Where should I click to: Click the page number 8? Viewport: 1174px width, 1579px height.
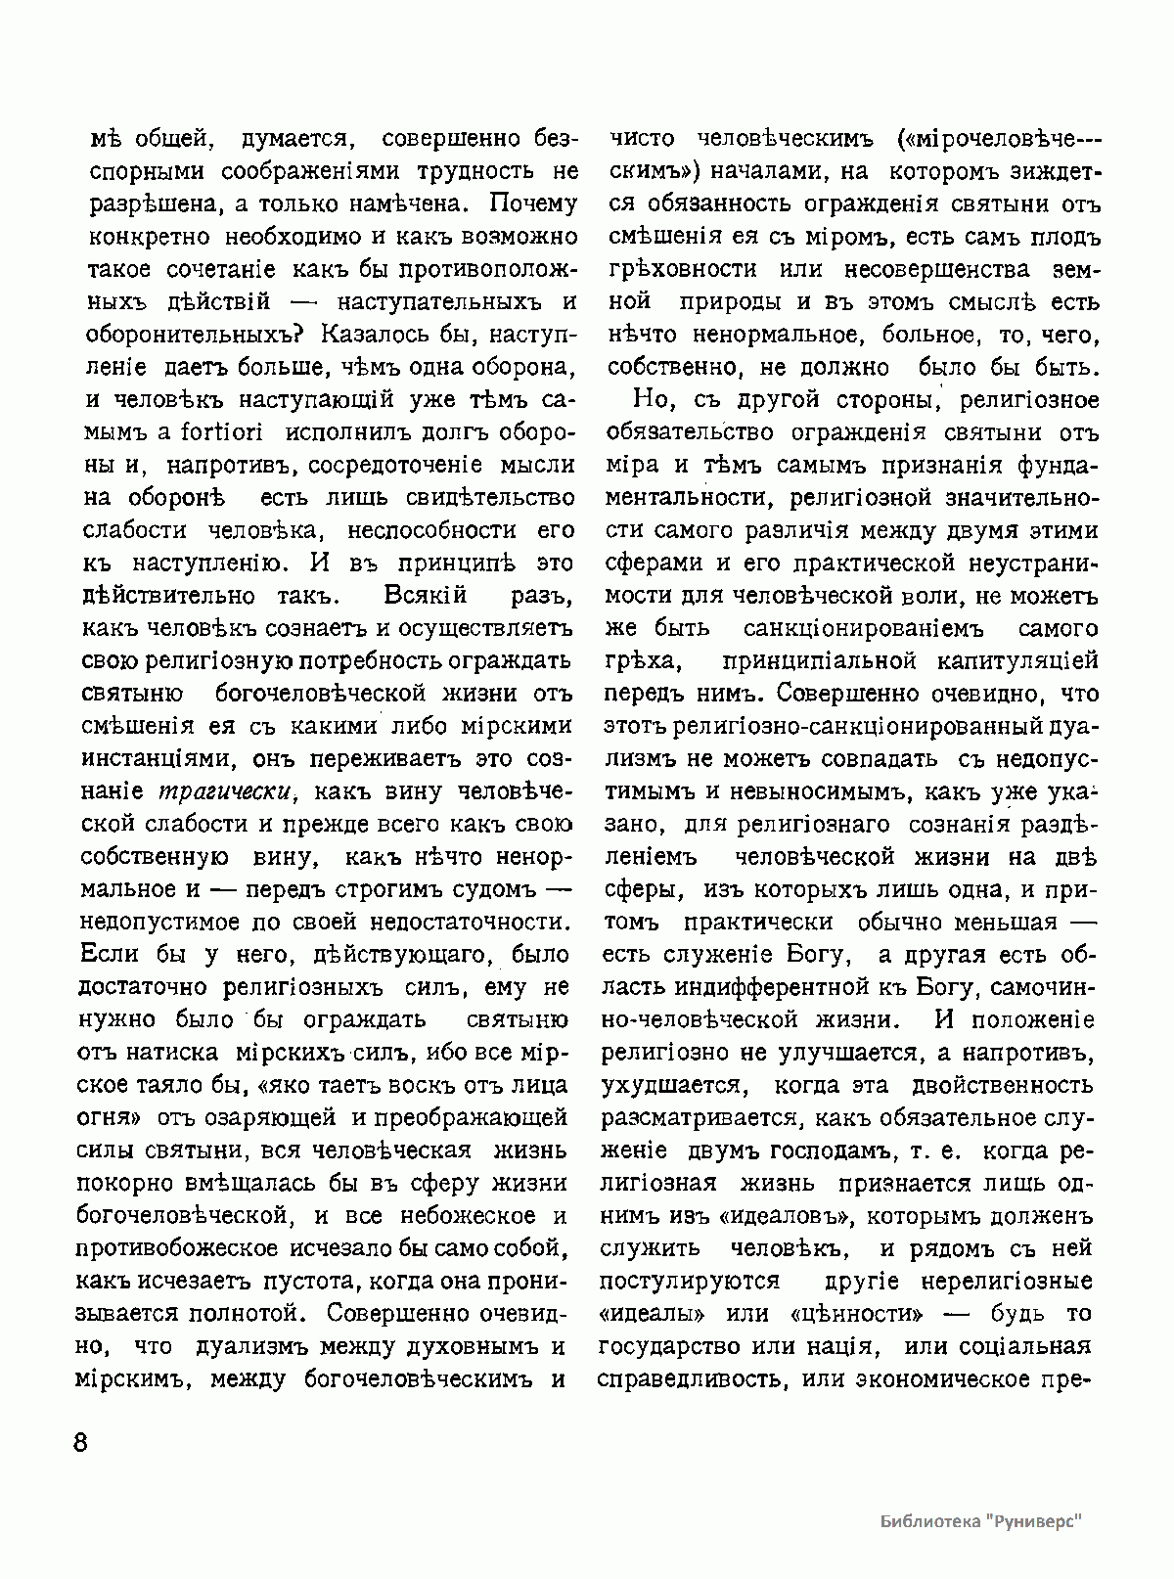[80, 1444]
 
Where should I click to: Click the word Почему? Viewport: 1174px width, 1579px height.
[533, 204]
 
